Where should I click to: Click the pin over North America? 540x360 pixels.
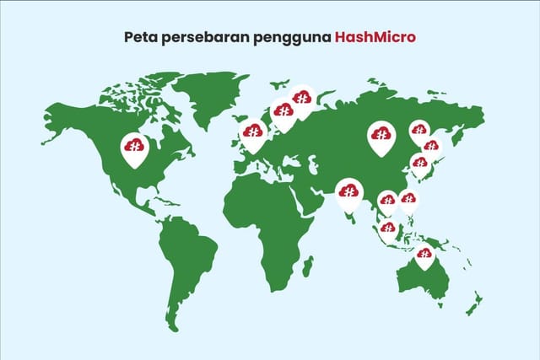click(133, 147)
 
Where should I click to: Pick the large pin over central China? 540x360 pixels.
click(381, 136)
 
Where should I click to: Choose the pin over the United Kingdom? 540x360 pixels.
click(253, 132)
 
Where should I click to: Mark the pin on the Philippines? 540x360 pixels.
click(408, 200)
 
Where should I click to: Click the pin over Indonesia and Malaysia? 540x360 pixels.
click(387, 228)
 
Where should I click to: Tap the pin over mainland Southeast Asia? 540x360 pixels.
click(387, 201)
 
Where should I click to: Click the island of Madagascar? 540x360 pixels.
click(308, 267)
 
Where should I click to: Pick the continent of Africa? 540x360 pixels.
click(270, 219)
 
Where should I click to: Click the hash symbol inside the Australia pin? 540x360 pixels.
click(424, 253)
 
